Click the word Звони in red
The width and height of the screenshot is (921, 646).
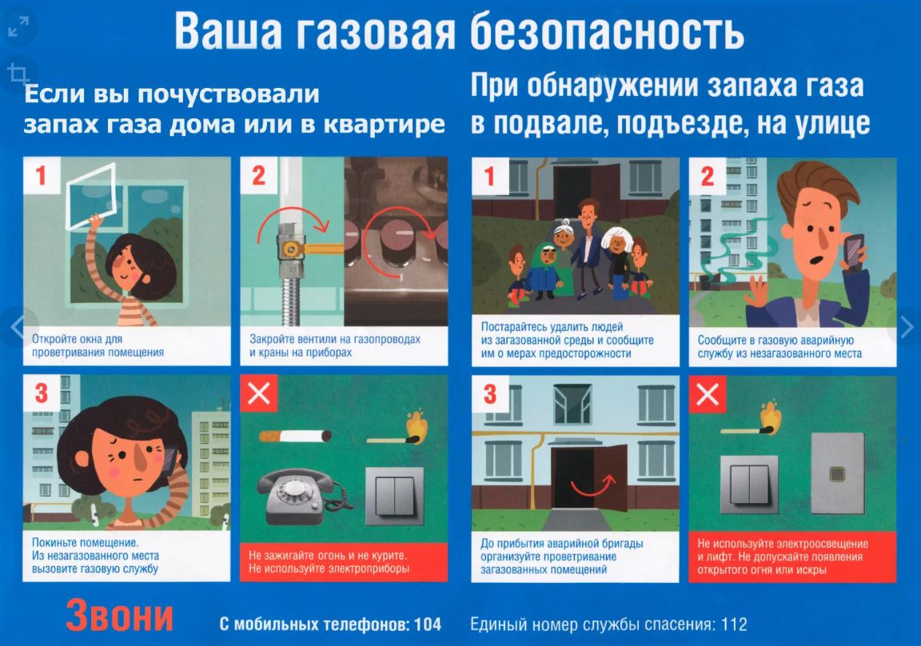point(120,615)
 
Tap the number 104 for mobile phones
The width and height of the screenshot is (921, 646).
point(428,624)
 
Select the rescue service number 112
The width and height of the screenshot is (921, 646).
point(734,624)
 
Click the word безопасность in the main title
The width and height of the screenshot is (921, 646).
point(607,31)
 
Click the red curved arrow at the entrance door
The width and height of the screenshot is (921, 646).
point(593,485)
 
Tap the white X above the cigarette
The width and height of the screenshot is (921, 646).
point(258,393)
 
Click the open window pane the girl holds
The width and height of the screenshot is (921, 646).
point(91,196)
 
